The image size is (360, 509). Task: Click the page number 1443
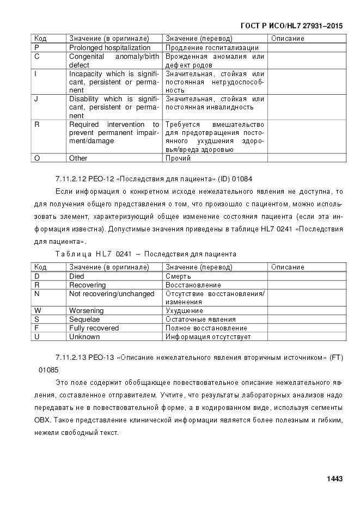(334, 479)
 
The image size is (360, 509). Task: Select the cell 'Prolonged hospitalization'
(109, 48)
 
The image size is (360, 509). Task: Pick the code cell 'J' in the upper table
(36, 99)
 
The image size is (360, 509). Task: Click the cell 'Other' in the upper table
(78, 158)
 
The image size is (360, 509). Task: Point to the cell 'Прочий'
(178, 158)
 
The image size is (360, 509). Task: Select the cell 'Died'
(77, 276)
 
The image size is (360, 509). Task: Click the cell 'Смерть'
(178, 276)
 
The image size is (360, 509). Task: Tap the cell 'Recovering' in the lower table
(87, 285)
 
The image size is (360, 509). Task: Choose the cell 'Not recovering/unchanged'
(112, 293)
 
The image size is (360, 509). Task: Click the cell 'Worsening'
(86, 311)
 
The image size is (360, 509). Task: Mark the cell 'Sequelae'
(84, 320)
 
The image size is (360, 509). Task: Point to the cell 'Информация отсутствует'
(208, 337)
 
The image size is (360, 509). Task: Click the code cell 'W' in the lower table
(37, 311)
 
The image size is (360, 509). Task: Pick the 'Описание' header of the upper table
(288, 39)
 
